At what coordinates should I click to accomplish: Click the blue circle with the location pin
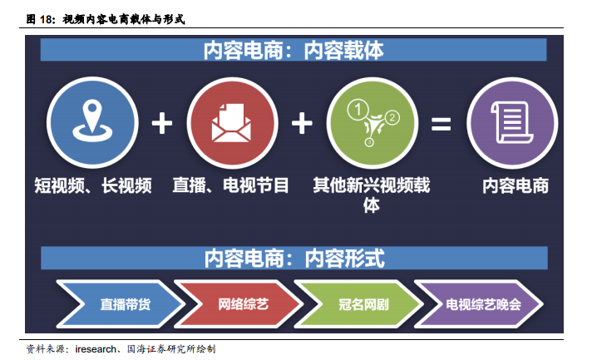pos(92,123)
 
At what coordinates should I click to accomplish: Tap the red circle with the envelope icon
pos(232,123)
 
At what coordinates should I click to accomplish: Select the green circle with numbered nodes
pos(372,123)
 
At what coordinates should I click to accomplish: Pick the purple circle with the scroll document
pos(512,123)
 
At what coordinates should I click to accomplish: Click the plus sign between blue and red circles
pos(162,123)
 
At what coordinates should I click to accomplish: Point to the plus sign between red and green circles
pos(302,123)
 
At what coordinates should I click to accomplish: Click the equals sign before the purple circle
pos(442,124)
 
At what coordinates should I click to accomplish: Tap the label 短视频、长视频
pos(93,185)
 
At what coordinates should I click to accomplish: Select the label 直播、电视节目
pos(230,185)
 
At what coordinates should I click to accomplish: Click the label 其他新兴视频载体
pos(372,195)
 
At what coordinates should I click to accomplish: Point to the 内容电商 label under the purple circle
pos(516,185)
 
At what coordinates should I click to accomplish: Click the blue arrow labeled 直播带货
pos(121,303)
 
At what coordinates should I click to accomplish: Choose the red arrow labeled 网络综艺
pos(239,303)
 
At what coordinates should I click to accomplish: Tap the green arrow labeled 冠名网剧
pos(359,303)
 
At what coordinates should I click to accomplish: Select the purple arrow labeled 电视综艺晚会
pos(479,303)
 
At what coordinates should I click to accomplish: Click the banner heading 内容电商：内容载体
pos(294,50)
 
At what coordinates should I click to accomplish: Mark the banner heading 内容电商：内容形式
pos(294,258)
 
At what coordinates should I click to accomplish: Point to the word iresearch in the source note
pos(96,349)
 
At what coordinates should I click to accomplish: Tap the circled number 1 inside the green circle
pos(358,110)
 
